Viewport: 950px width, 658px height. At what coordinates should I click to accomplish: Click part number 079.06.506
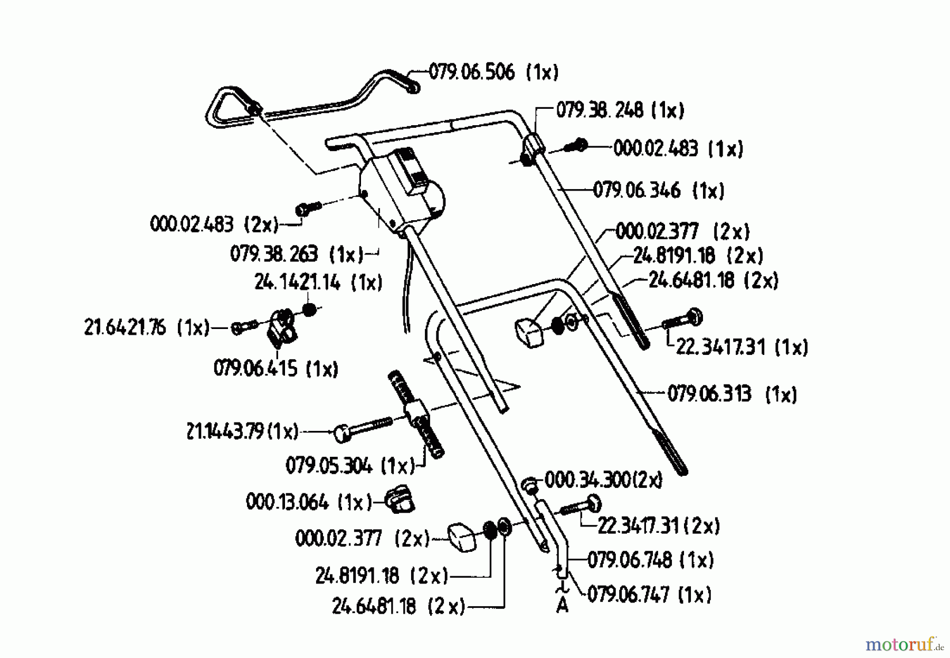pyautogui.click(x=471, y=71)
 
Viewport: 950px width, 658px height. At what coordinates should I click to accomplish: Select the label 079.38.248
pyautogui.click(x=600, y=110)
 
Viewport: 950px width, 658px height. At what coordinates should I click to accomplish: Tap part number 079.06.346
pyautogui.click(x=636, y=190)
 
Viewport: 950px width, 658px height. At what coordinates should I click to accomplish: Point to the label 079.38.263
pyautogui.click(x=274, y=254)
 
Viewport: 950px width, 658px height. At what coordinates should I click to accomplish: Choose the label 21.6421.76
pyautogui.click(x=125, y=327)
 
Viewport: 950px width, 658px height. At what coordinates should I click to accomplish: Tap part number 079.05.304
pyautogui.click(x=329, y=466)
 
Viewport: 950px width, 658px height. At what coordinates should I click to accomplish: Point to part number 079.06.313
pyautogui.click(x=709, y=394)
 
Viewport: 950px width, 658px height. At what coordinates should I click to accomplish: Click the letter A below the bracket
pyautogui.click(x=563, y=606)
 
